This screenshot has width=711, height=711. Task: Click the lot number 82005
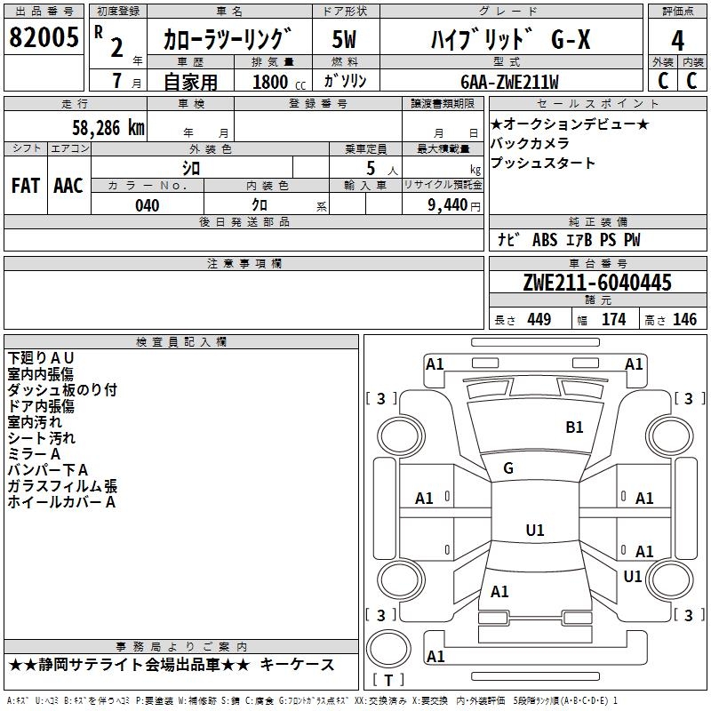tap(43, 38)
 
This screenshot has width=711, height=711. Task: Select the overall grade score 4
tap(677, 41)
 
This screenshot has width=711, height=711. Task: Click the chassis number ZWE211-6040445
tap(597, 284)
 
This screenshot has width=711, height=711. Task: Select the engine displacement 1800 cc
tap(272, 82)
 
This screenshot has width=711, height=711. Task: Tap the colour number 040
tap(147, 205)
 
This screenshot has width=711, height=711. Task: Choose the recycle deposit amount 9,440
tap(442, 205)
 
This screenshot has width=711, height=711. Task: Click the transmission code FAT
tap(25, 186)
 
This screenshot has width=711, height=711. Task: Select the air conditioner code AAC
tap(68, 186)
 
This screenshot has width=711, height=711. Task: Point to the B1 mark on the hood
tap(574, 427)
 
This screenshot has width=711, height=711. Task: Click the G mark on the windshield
tap(507, 468)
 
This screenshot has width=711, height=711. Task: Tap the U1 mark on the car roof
tap(534, 531)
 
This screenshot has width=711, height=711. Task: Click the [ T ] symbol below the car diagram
tap(388, 680)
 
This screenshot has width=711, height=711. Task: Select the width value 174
tap(613, 320)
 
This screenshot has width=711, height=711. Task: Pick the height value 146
tap(684, 320)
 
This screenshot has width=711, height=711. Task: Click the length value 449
tap(539, 320)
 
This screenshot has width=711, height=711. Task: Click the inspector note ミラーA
tap(35, 454)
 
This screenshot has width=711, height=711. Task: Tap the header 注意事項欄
tap(244, 264)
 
